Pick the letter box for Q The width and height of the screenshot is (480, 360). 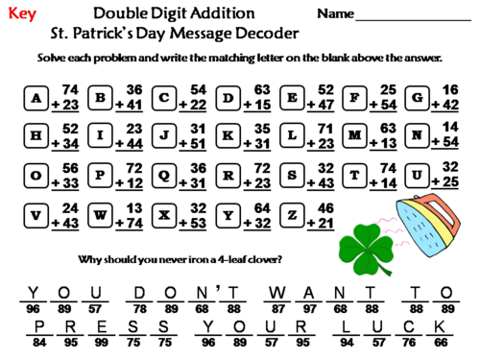[164, 175]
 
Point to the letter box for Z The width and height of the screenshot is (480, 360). [291, 213]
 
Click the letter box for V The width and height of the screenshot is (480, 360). [37, 213]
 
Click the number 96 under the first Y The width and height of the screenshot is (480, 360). [35, 307]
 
